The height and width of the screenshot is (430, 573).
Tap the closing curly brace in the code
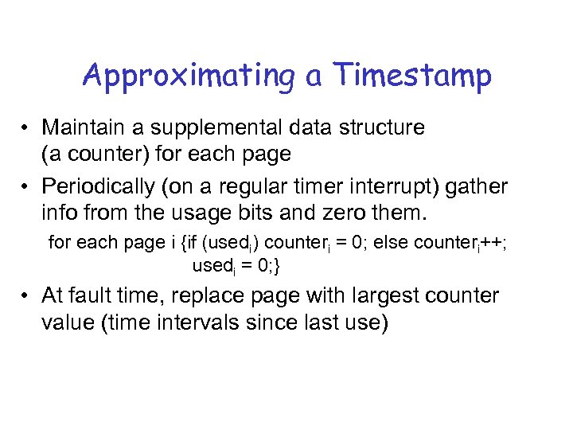pos(276,263)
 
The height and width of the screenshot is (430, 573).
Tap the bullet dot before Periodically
pos(27,186)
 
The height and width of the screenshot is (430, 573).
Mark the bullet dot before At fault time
pos(27,297)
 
